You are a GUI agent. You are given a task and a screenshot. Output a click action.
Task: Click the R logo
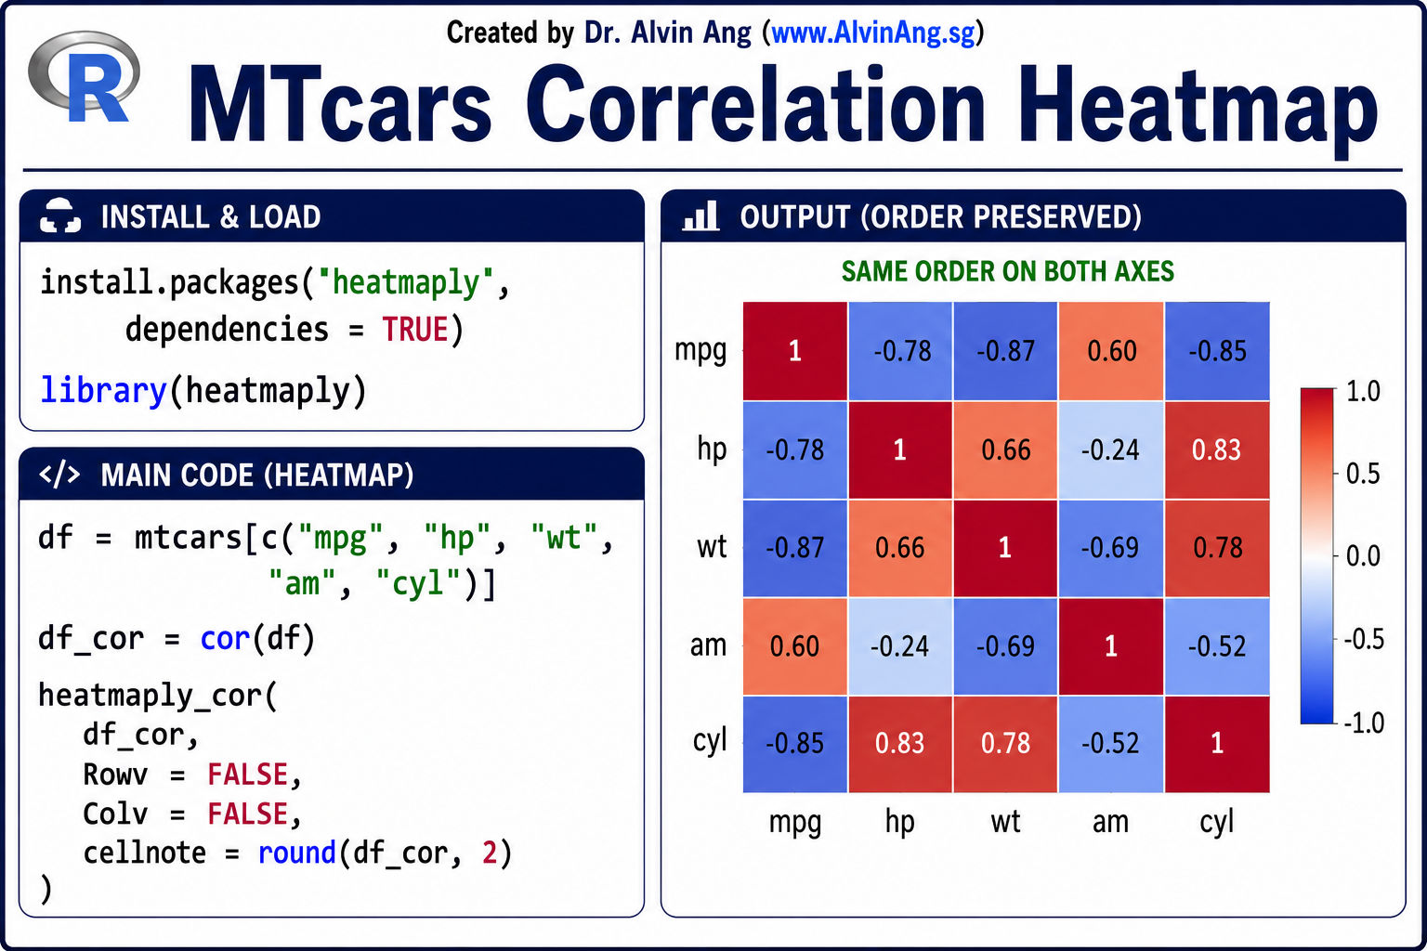(85, 78)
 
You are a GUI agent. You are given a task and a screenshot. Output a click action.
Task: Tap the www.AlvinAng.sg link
(872, 33)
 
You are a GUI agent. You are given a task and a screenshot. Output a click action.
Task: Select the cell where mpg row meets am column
(1112, 351)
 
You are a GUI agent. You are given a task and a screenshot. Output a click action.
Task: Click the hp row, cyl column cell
(1217, 449)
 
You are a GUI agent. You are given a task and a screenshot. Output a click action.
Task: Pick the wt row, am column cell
(1112, 548)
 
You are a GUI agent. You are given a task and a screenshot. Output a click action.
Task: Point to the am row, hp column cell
(899, 646)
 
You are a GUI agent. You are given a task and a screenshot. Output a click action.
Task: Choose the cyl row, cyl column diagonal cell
(1217, 743)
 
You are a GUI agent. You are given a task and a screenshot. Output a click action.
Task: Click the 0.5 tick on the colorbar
(1363, 474)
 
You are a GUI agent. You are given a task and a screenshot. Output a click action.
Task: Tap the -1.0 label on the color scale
(1363, 723)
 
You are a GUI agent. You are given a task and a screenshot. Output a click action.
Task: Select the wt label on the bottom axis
(1005, 821)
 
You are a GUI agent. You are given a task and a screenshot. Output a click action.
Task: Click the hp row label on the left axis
(712, 449)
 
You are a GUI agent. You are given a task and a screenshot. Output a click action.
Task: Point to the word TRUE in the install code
(414, 330)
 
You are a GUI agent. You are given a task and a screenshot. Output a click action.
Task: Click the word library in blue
(103, 390)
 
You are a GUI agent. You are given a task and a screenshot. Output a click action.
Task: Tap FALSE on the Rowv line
(248, 775)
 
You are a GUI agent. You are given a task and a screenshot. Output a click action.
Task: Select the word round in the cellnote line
(297, 853)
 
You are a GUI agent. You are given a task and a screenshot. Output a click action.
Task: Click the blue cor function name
(225, 638)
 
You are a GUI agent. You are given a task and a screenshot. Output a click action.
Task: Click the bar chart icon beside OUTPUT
(700, 215)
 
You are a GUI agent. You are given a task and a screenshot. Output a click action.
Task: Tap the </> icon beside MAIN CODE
(59, 475)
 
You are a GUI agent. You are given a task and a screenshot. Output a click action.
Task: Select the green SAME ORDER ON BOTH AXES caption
(1008, 272)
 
